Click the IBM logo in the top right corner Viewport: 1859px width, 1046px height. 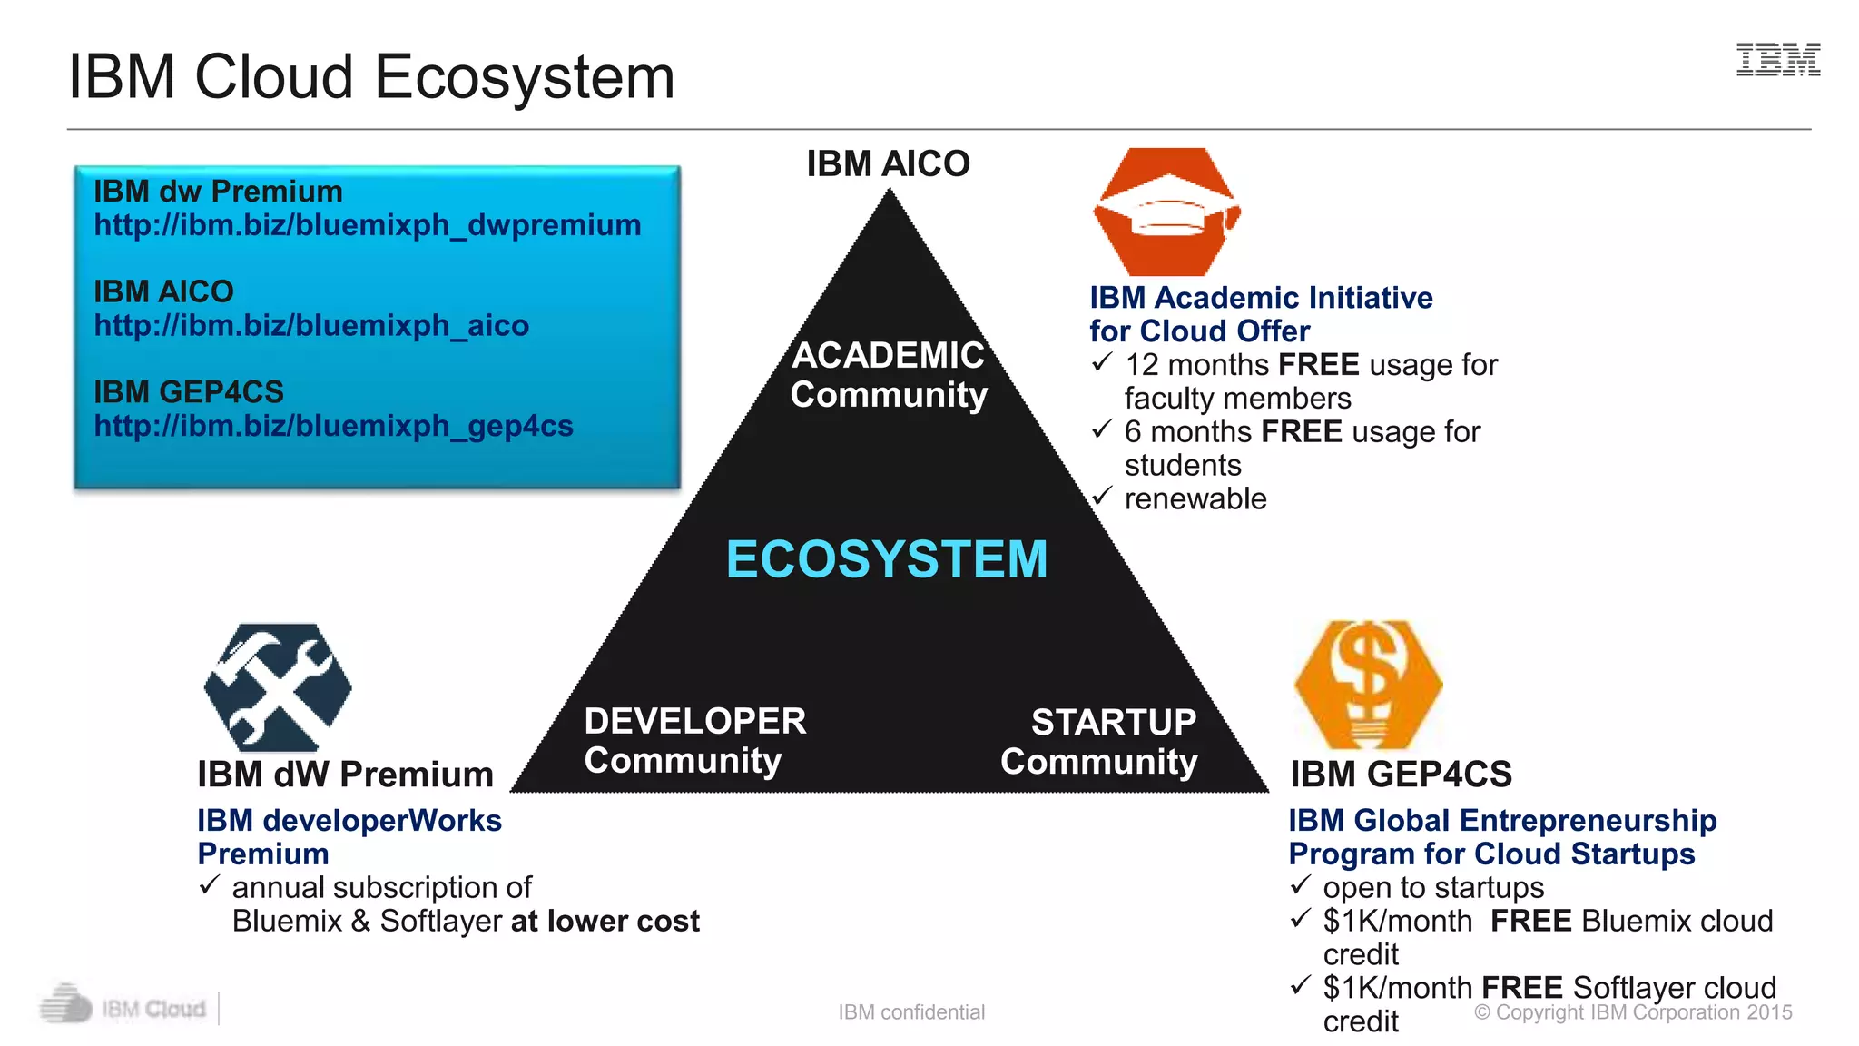click(x=1777, y=60)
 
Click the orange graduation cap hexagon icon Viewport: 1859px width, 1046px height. click(x=1167, y=212)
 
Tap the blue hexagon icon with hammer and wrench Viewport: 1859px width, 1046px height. click(x=278, y=687)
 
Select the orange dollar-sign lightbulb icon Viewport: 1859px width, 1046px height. click(x=1368, y=685)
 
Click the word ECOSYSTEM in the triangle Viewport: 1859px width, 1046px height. click(x=887, y=559)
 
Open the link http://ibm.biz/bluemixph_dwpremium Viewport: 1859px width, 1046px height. click(x=368, y=225)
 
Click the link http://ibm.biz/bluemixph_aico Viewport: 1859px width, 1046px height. click(x=311, y=325)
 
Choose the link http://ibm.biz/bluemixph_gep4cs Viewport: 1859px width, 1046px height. click(x=334, y=426)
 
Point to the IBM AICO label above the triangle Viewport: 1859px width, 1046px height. click(x=888, y=164)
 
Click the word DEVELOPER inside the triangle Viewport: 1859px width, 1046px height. click(x=695, y=721)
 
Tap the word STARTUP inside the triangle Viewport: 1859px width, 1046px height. click(x=1114, y=723)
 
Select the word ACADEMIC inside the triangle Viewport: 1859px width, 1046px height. click(x=888, y=355)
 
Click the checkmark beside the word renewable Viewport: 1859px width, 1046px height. click(x=1102, y=497)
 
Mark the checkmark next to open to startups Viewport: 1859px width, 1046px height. click(x=1301, y=884)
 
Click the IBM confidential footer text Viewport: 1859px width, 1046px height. click(x=911, y=1012)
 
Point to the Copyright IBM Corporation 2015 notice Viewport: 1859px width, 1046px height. click(x=1633, y=1012)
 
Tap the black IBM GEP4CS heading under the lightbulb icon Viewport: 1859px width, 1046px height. click(x=1401, y=775)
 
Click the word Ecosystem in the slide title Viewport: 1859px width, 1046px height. click(x=525, y=77)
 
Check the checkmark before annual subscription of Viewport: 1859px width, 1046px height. click(x=210, y=884)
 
